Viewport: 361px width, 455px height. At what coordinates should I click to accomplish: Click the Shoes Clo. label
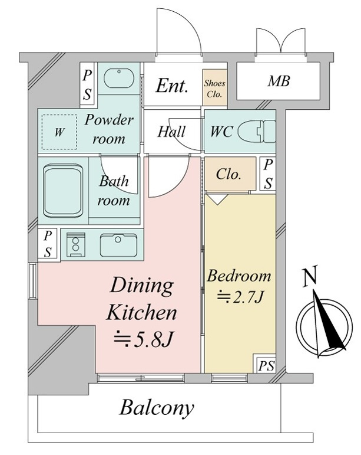214,89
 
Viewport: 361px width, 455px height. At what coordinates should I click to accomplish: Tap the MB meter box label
279,81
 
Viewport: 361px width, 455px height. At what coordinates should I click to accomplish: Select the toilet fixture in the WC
257,132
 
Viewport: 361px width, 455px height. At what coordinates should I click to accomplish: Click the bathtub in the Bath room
63,191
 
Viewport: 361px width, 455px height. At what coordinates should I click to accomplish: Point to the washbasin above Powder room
119,78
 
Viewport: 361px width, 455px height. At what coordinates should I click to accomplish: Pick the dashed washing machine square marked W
59,132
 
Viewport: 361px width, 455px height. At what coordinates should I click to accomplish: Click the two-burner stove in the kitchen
75,245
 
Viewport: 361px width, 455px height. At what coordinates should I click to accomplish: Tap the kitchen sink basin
118,245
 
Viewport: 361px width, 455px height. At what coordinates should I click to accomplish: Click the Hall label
171,132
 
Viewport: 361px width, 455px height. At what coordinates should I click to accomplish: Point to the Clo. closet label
228,174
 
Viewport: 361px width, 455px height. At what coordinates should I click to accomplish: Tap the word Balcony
157,408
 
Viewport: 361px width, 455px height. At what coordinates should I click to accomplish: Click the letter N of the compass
309,277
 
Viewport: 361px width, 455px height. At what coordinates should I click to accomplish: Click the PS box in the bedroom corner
266,365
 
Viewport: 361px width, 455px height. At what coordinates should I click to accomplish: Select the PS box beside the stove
48,244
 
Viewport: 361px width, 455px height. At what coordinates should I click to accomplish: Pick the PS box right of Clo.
268,174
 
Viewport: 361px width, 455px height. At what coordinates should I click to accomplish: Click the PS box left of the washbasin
87,85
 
